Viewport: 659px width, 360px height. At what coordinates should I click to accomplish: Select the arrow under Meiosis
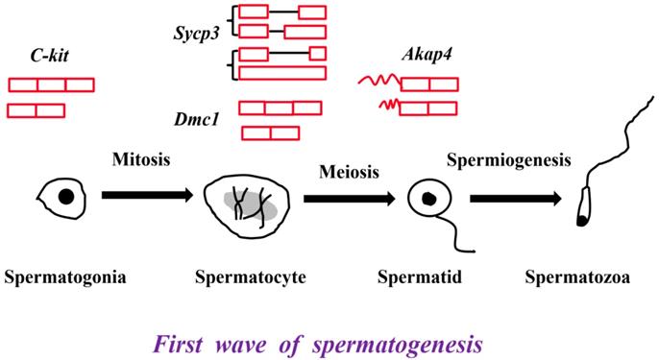point(348,199)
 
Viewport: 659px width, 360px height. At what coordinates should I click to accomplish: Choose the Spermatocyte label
point(249,278)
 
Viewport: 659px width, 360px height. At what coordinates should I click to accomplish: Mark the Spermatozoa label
point(576,278)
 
